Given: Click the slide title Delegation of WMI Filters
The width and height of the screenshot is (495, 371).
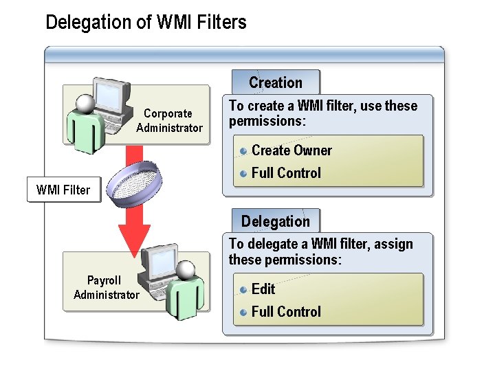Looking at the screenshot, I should coord(146,23).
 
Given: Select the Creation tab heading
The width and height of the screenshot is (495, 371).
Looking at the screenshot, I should coord(276,82).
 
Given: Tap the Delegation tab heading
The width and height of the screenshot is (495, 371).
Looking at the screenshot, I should coord(276,221).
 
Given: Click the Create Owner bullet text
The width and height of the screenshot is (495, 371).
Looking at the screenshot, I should coord(291,150).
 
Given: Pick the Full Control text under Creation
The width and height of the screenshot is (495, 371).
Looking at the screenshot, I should coord(286,173).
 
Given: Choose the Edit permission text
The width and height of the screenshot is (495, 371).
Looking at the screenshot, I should coord(263,289).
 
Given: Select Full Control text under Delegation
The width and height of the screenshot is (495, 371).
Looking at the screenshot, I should coord(286,312).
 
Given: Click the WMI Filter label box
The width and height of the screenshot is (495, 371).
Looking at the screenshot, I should coord(63,190).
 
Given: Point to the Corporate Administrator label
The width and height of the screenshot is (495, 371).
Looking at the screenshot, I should coord(169,120).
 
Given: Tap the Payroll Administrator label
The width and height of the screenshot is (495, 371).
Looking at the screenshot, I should coord(106,287).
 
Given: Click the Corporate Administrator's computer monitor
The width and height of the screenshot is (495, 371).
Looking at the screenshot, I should coord(111,100).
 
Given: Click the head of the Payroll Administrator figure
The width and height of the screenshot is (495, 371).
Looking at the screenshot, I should coord(184,269).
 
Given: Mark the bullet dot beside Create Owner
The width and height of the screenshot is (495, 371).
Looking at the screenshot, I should coord(243,150).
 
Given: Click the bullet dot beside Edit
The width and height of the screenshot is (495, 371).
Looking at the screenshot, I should coord(243,289).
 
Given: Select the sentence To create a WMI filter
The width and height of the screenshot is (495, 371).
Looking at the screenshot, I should coord(323,113).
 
